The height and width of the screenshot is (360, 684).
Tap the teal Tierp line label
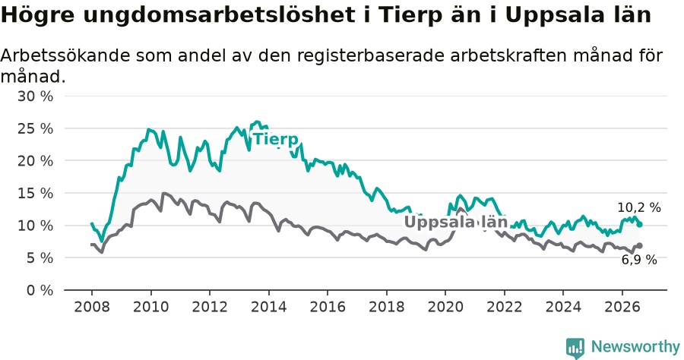[276, 139]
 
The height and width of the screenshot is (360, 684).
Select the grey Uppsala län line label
[456, 222]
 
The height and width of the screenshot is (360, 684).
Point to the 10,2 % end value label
[639, 208]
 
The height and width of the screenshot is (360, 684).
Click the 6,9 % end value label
[639, 261]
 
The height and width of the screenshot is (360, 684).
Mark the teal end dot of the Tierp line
[639, 225]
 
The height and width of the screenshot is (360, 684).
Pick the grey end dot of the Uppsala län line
[639, 246]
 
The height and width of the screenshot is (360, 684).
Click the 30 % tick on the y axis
[35, 96]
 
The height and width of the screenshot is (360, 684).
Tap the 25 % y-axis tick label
[35, 128]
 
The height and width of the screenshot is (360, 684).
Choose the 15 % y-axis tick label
[35, 193]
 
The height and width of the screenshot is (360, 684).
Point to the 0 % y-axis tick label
[40, 290]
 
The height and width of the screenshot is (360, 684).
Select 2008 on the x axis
[92, 307]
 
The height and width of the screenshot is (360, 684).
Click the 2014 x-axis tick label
[269, 307]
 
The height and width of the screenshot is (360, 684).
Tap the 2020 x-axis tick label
[445, 307]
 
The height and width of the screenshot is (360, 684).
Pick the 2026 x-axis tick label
[622, 307]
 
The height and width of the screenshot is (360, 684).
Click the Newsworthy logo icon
[575, 348]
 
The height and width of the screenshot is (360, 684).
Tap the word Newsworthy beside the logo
[635, 347]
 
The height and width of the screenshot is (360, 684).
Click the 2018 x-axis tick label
[387, 307]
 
